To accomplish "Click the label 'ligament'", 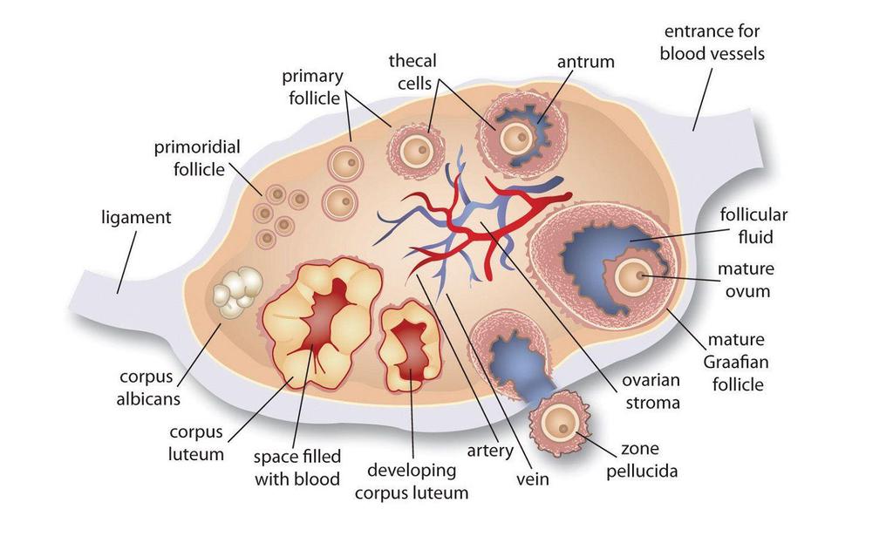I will click(x=136, y=217).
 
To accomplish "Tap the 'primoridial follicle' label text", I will click(x=197, y=157).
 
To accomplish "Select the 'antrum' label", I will click(x=585, y=62).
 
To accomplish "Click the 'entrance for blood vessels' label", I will click(x=712, y=43).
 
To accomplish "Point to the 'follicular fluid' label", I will click(x=753, y=225).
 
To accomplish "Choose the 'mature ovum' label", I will click(x=746, y=280).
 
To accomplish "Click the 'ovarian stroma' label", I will click(x=651, y=391).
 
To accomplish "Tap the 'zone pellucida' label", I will click(x=647, y=460).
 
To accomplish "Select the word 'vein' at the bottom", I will click(x=532, y=479).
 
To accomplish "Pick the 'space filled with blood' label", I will click(x=297, y=467).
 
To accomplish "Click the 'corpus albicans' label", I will click(x=149, y=388).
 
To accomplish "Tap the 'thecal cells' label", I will click(x=412, y=71).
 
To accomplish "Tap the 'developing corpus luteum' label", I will click(x=411, y=481).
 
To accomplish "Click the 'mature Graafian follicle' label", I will click(x=737, y=361).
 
